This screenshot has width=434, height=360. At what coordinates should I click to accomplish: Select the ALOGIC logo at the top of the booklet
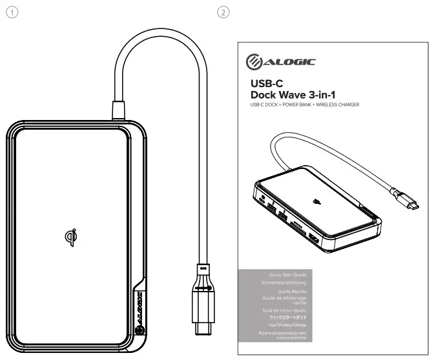click(280, 61)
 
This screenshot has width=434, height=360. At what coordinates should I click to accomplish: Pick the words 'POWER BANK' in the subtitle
click(295, 105)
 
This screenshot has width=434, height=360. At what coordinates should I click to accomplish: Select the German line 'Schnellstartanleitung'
click(283, 283)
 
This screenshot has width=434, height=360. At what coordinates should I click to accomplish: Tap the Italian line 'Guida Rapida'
click(291, 292)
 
